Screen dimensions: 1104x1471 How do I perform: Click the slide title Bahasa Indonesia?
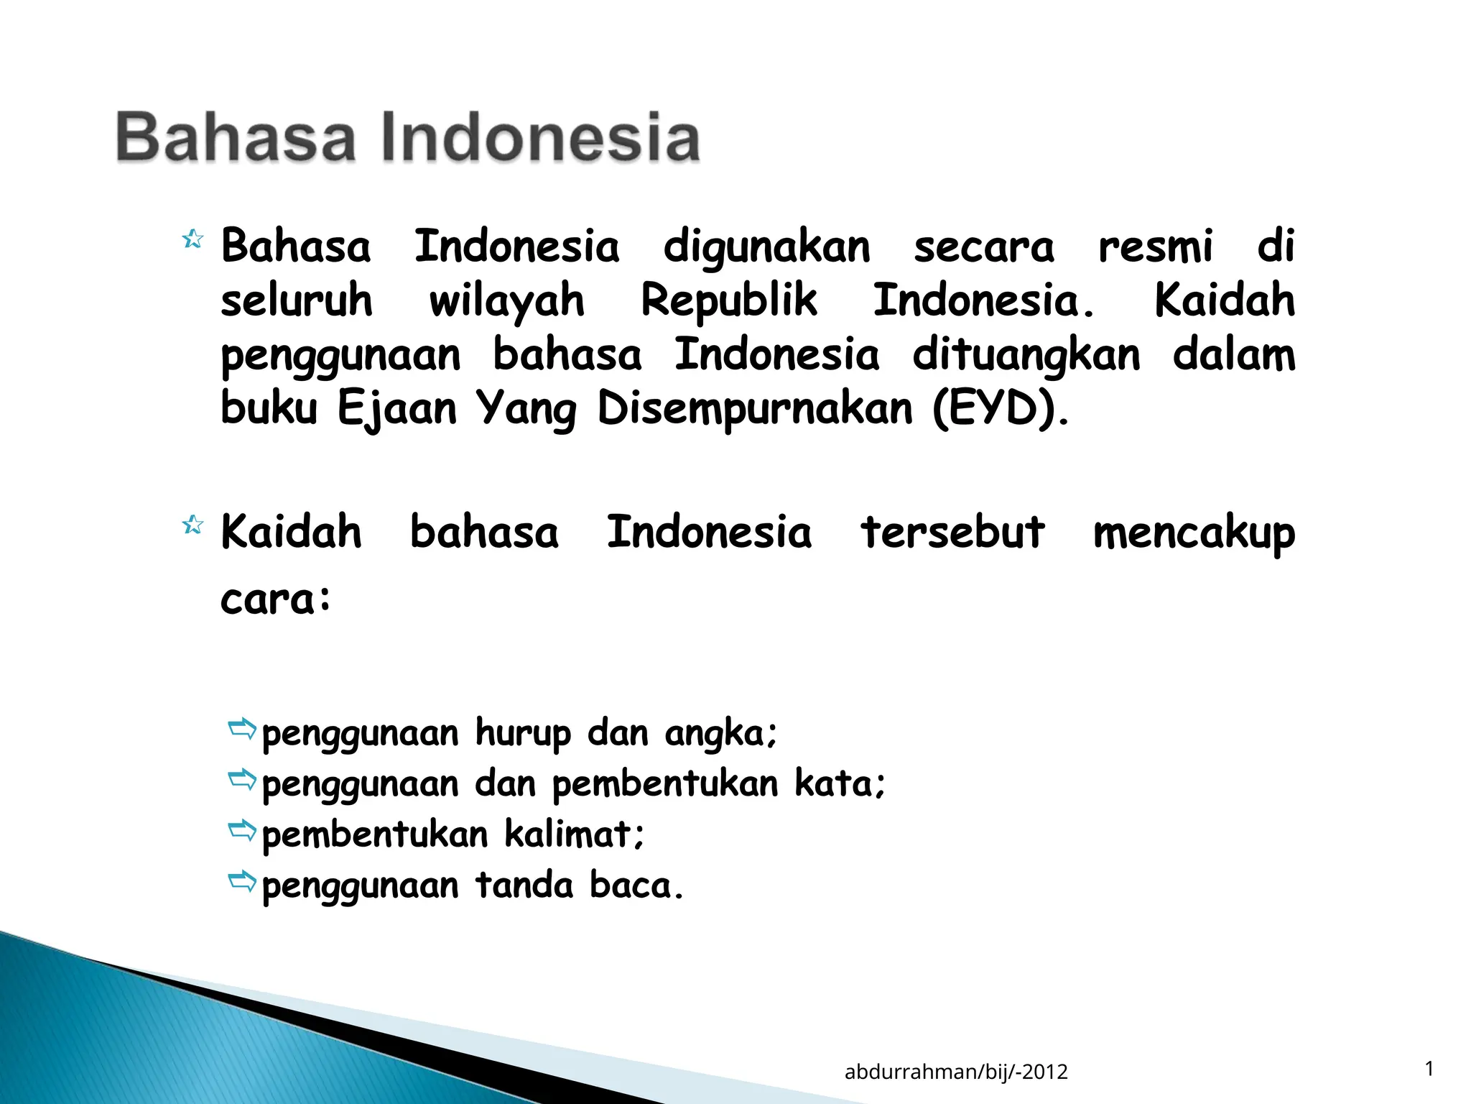point(407,137)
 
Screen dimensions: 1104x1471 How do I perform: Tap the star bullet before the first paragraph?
point(192,239)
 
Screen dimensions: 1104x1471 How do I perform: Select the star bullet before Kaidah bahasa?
point(192,525)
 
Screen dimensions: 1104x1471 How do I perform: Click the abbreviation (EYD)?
point(1001,409)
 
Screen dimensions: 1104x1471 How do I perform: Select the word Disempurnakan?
point(755,409)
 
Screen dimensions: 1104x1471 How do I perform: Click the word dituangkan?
point(1026,356)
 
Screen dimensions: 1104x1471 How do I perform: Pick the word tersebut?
point(952,533)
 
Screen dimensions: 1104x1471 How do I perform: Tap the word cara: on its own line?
point(276,599)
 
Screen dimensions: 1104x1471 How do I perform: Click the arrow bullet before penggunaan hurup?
point(242,729)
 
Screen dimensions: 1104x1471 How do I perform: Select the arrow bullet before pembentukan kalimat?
point(242,830)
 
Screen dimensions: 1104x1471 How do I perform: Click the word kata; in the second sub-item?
point(840,783)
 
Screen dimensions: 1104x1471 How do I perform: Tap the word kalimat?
point(575,834)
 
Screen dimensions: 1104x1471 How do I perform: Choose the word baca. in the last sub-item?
point(636,885)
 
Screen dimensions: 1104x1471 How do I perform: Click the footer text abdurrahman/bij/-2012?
point(956,1072)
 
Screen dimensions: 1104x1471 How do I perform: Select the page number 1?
point(1429,1069)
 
